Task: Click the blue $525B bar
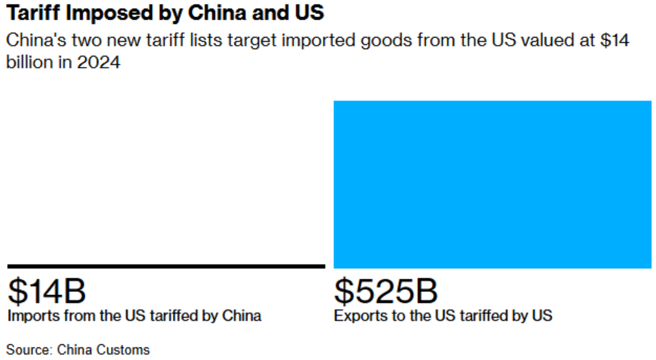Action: (x=492, y=185)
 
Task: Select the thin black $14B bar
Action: (x=166, y=266)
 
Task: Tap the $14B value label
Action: (x=47, y=291)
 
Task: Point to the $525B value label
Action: (x=386, y=291)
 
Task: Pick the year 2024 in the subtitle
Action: (x=98, y=63)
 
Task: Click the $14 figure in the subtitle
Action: (x=615, y=41)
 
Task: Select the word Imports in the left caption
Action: (x=34, y=316)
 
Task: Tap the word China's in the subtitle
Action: (x=37, y=41)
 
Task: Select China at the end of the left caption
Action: (x=242, y=316)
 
